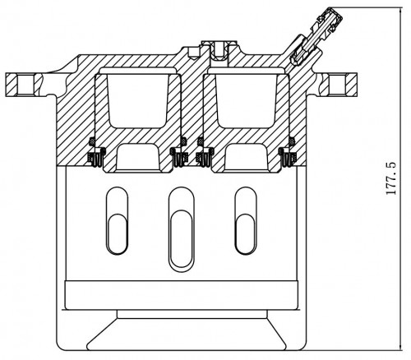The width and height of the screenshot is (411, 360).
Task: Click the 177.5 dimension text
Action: [x=391, y=178]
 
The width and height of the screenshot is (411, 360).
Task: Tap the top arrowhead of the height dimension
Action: [x=401, y=10]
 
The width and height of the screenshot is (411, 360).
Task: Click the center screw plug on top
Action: [x=219, y=51]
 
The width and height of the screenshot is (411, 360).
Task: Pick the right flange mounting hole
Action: [x=337, y=85]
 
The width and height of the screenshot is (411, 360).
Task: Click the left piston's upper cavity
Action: [x=137, y=100]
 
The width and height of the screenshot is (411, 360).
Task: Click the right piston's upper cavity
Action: [x=246, y=100]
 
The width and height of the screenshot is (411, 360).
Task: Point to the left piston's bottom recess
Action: [x=137, y=158]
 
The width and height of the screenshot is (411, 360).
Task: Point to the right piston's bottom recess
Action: [x=246, y=158]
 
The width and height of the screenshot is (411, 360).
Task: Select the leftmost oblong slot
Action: [x=117, y=221]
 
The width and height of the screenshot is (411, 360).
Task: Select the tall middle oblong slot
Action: [x=181, y=229]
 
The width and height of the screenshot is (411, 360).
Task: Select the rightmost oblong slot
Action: [x=246, y=221]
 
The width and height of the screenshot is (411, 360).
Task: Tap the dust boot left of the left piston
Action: [x=96, y=157]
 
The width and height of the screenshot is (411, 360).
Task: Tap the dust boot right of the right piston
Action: [x=287, y=157]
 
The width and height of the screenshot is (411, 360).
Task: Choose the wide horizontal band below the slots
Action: [x=181, y=295]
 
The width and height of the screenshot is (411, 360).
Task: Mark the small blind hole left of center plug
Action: [x=193, y=52]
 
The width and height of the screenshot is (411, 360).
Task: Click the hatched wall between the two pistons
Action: [x=192, y=109]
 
